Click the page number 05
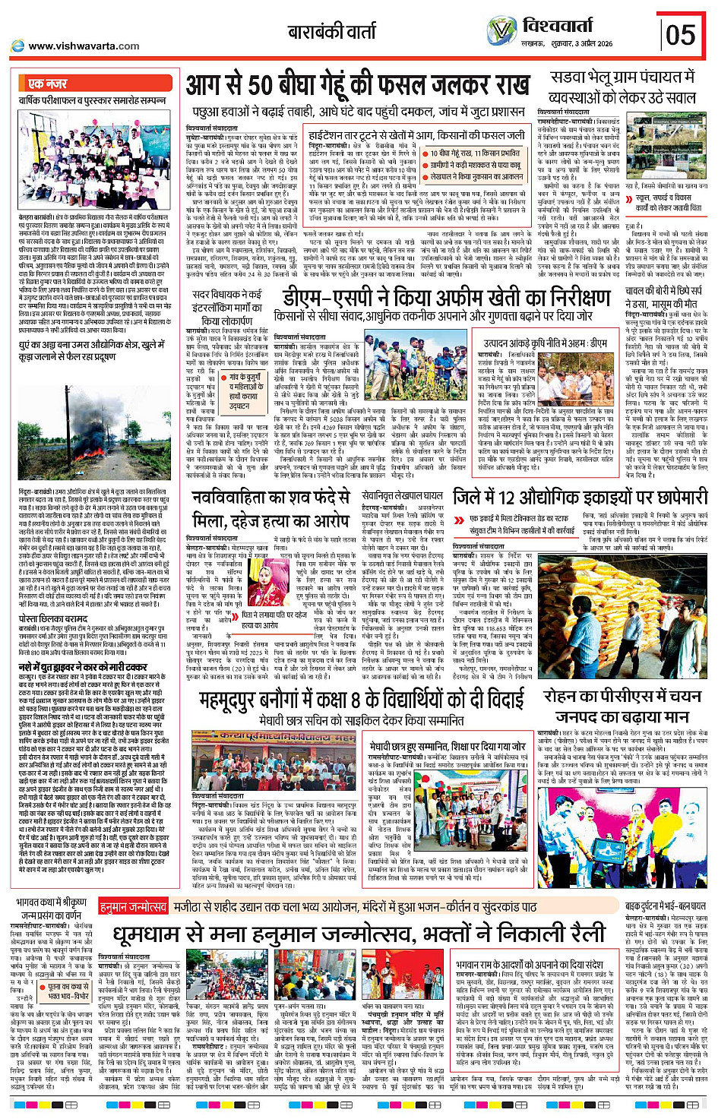(680, 35)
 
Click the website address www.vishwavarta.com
(84, 46)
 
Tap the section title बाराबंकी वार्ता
(331, 32)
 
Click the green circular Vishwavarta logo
(501, 31)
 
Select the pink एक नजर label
(47, 84)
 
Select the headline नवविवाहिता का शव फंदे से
(270, 498)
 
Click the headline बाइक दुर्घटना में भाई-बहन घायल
(665, 906)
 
